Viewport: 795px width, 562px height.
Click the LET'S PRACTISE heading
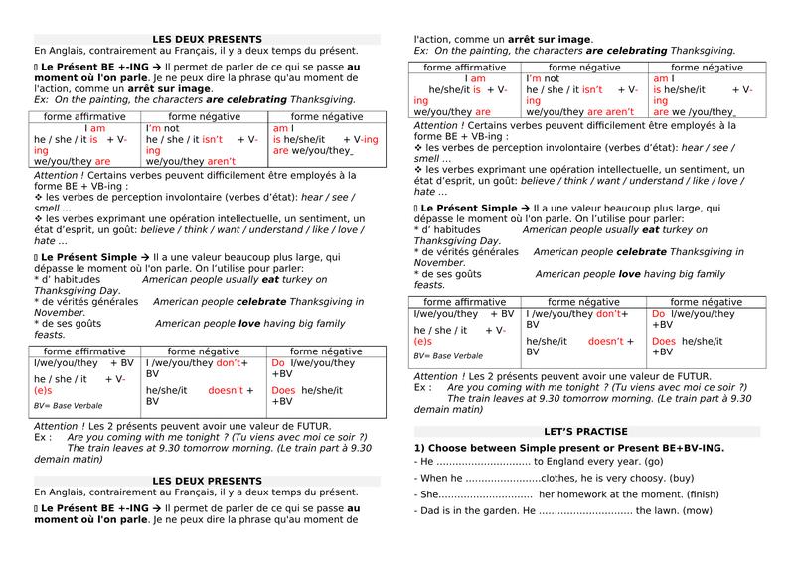click(585, 432)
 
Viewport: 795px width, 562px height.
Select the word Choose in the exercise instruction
click(452, 448)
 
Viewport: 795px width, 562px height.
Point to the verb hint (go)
click(653, 463)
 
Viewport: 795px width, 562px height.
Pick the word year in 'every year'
click(626, 463)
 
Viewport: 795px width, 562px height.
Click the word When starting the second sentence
click(435, 479)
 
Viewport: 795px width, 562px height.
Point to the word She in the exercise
click(428, 494)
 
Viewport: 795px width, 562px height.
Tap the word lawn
click(668, 511)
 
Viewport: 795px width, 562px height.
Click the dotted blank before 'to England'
click(483, 464)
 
